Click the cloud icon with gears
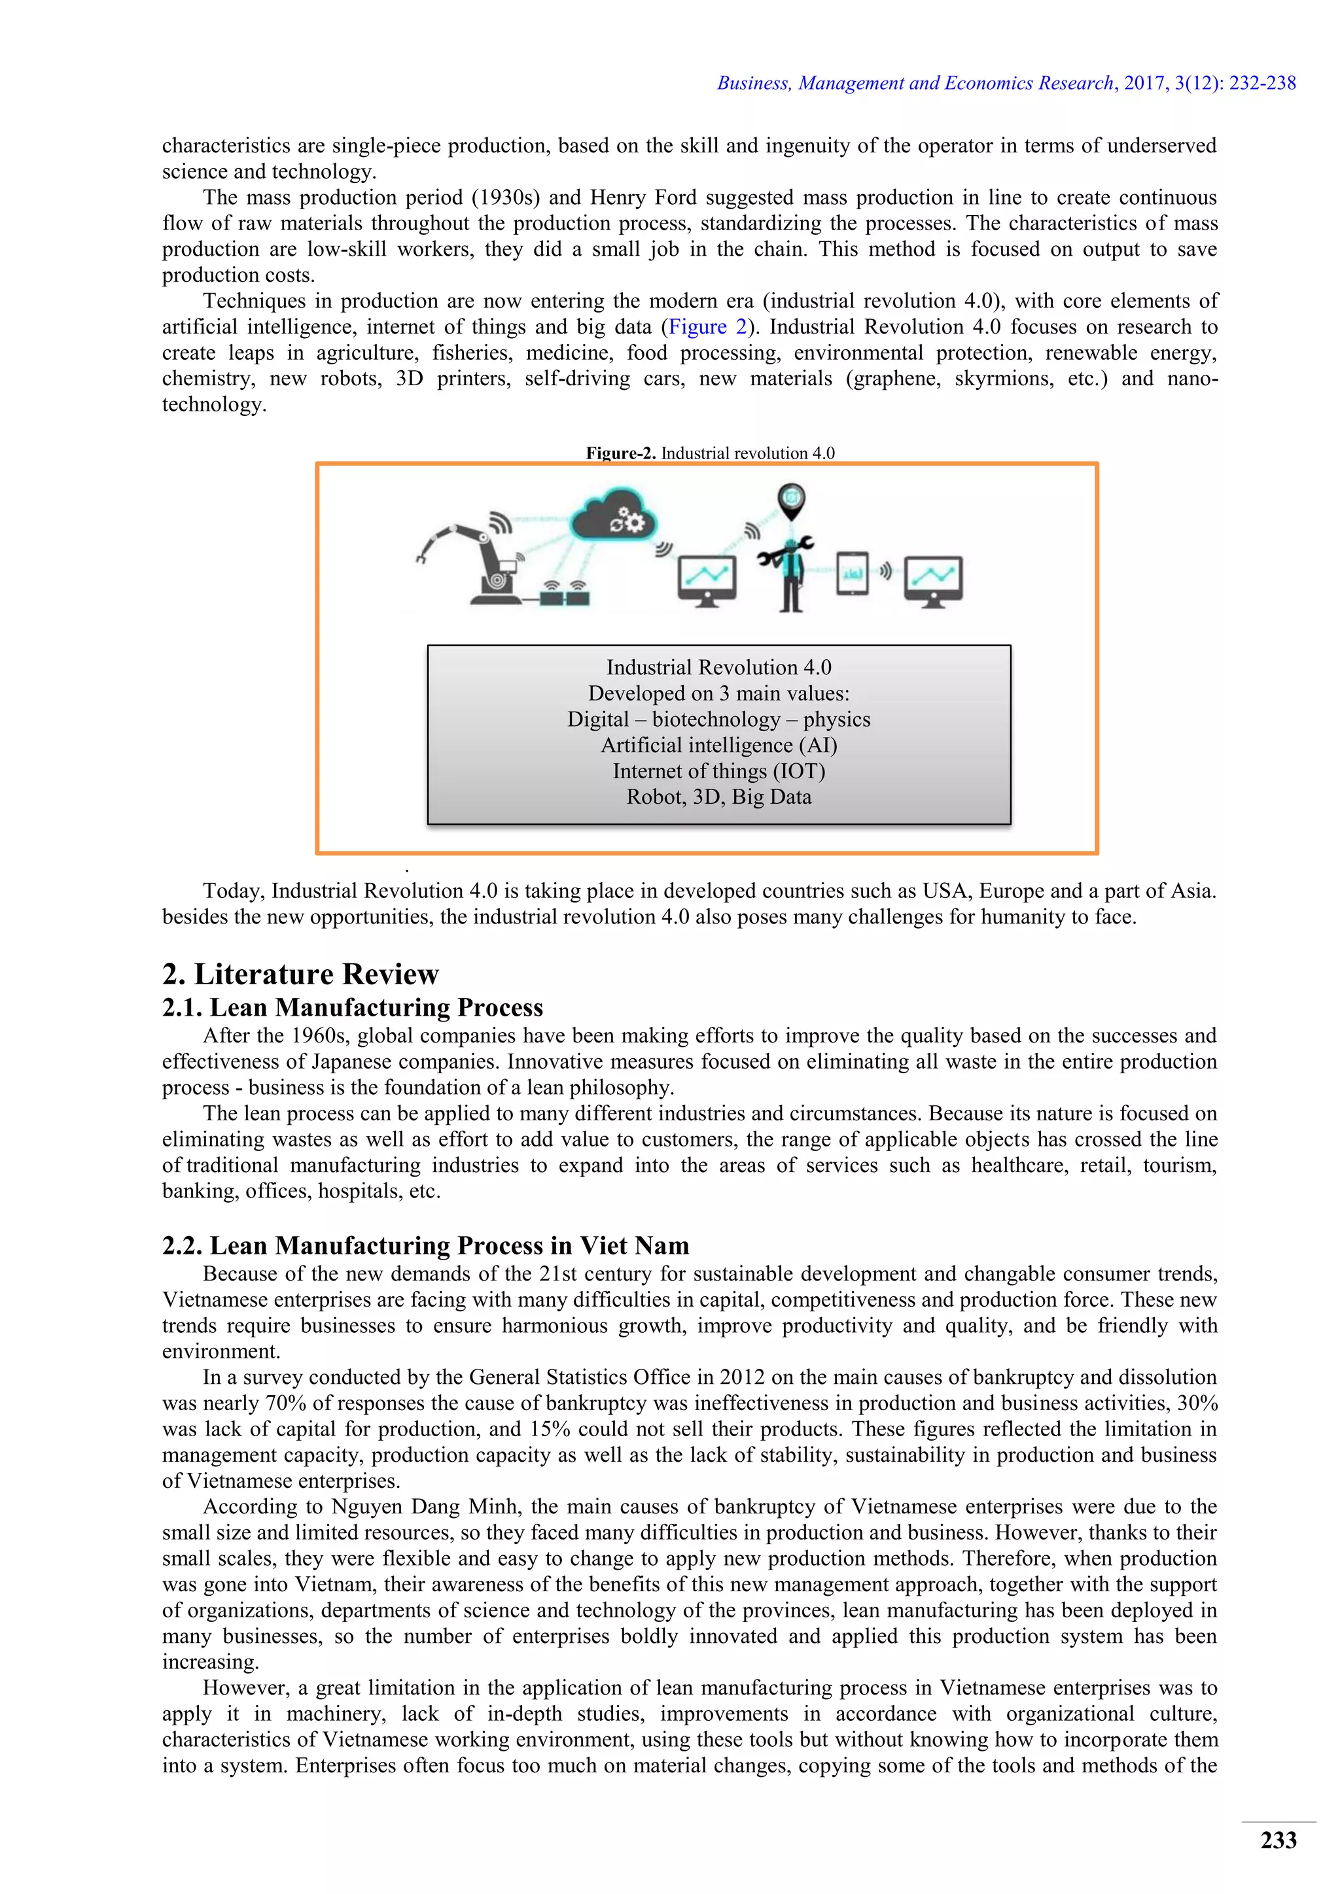613,517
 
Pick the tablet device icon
853,572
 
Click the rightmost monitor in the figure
933,580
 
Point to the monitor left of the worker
706,580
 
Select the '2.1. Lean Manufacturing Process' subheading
352,1007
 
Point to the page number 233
1278,1840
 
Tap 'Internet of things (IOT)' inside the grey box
718,770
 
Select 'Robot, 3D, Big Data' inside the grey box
718,797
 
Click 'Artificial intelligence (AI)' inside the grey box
718,745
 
